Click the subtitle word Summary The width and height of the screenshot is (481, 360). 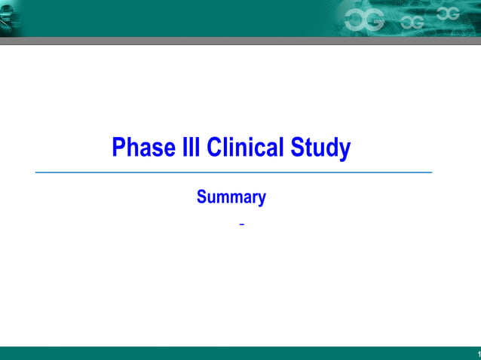click(231, 198)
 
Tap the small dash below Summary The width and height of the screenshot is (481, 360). click(241, 225)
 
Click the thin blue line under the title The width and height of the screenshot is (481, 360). click(234, 172)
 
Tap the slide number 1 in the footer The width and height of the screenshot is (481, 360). click(478, 354)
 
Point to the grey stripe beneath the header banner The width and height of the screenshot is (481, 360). click(240, 41)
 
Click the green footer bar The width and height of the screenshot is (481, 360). click(226, 353)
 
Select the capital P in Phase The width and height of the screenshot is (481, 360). click(118, 148)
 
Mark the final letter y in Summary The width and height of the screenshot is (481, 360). click(262, 200)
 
